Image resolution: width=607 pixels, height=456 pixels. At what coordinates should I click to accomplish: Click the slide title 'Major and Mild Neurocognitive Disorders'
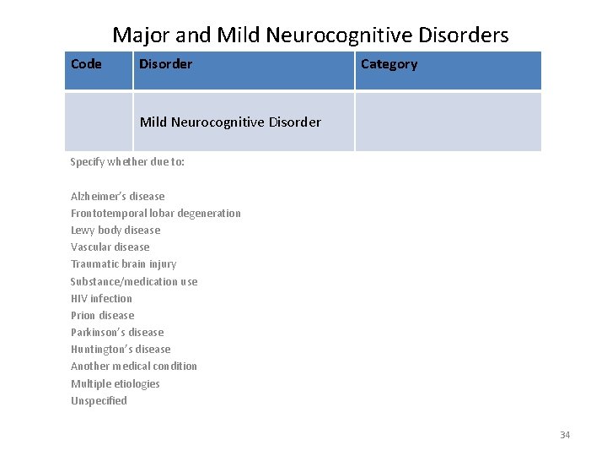[x=310, y=35]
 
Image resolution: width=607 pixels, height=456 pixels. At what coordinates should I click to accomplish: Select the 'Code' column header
[x=86, y=64]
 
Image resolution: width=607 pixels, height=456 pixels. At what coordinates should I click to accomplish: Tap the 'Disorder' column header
[x=165, y=64]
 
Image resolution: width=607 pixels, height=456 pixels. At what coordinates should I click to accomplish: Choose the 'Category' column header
[x=389, y=64]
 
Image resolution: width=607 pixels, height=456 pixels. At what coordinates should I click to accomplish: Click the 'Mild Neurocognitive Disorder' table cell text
[x=230, y=122]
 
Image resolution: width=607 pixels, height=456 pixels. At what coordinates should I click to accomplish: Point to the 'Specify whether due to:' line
[x=127, y=162]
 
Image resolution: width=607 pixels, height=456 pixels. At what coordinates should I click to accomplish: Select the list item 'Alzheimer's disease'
[x=118, y=197]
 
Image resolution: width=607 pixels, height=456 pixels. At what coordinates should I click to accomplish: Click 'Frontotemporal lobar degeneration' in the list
[x=156, y=214]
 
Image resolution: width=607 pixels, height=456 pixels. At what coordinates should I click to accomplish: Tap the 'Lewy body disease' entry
[x=115, y=231]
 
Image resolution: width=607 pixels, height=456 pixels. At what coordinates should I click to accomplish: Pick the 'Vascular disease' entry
[x=110, y=247]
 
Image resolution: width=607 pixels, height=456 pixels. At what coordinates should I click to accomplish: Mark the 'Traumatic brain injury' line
[x=124, y=264]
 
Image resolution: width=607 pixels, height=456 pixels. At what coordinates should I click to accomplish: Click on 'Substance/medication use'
[x=134, y=281]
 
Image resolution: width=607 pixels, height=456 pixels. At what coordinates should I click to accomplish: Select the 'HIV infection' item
[x=102, y=298]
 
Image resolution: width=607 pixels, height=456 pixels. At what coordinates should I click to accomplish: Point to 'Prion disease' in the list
[x=103, y=315]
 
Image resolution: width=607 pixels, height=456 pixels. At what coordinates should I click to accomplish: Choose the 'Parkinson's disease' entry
[x=117, y=332]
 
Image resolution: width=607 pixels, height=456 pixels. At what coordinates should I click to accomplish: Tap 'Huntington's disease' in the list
[x=121, y=349]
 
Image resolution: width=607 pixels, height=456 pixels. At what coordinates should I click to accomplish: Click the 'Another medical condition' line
[x=134, y=366]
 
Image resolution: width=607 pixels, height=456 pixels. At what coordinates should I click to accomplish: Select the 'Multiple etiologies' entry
[x=115, y=383]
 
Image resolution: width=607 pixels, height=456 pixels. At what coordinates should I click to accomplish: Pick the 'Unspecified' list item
[x=99, y=400]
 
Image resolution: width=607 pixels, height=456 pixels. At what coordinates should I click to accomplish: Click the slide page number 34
[x=565, y=435]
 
